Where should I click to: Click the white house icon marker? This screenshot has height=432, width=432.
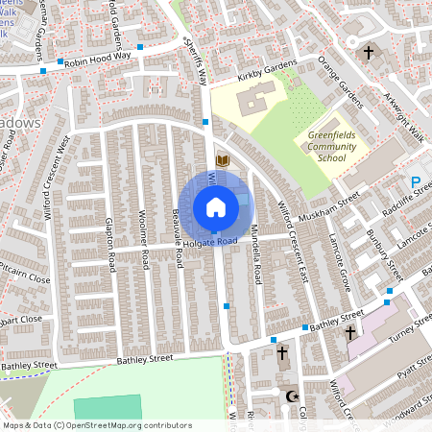(216, 206)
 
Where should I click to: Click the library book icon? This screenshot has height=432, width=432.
(223, 160)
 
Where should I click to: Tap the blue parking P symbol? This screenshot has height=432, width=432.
(416, 181)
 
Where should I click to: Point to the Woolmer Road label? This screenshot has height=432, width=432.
(142, 233)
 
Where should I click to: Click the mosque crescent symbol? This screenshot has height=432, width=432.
(292, 396)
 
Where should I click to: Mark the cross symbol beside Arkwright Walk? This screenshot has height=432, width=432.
(369, 54)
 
